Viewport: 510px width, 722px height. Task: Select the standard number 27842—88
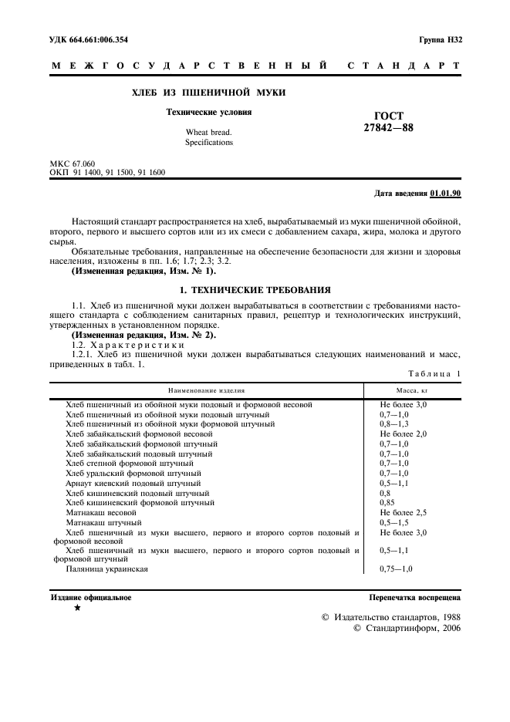tap(388, 128)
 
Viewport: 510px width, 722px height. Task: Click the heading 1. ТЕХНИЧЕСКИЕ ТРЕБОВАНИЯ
tap(255, 289)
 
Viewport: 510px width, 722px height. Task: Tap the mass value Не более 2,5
tap(403, 512)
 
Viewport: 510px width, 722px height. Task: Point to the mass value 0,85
tap(387, 502)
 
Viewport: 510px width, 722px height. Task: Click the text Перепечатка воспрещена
tap(415, 598)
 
